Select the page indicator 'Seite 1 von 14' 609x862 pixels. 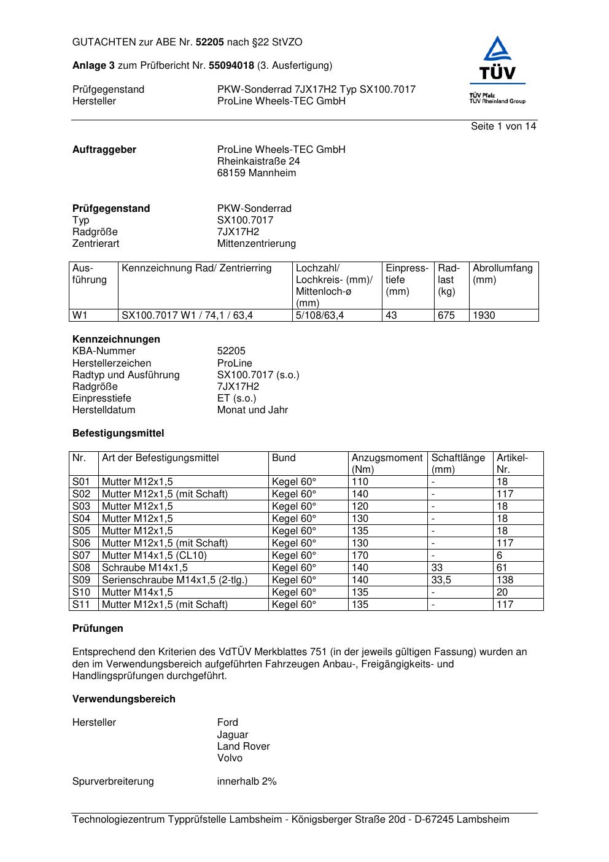click(503, 126)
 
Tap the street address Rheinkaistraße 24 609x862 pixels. click(258, 161)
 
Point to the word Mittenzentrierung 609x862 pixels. click(256, 244)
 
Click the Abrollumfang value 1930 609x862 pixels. click(484, 316)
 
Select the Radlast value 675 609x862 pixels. click(446, 316)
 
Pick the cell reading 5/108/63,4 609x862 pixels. click(320, 316)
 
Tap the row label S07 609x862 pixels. click(81, 556)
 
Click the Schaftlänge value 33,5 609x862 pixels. click(441, 580)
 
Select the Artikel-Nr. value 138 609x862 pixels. click(505, 580)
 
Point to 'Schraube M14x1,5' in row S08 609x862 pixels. click(145, 568)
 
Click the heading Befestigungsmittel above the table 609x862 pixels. click(118, 433)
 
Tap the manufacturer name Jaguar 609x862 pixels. click(233, 735)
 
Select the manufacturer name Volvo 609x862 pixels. click(230, 758)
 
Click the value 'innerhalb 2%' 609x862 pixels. click(247, 782)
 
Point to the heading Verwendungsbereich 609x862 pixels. click(123, 699)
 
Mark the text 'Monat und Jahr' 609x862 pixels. click(252, 410)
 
